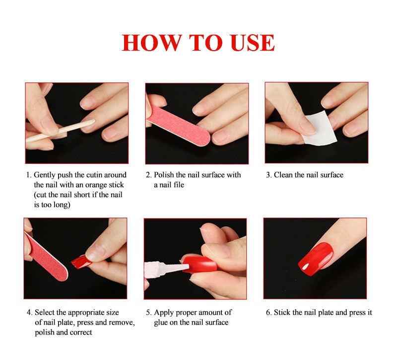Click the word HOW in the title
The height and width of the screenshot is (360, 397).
pyautogui.click(x=152, y=43)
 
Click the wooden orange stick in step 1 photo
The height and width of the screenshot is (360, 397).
pyautogui.click(x=60, y=131)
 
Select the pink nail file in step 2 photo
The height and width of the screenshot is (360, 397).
pyautogui.click(x=179, y=126)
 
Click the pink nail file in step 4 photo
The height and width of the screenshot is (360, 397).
pyautogui.click(x=46, y=256)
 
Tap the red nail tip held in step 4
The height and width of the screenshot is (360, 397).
pyautogui.click(x=81, y=262)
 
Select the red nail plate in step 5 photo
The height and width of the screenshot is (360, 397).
pyautogui.click(x=199, y=264)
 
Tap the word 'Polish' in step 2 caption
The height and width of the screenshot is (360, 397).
pyautogui.click(x=164, y=175)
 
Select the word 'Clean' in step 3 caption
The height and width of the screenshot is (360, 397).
pyautogui.click(x=283, y=175)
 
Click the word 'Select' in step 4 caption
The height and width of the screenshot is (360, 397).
pyautogui.click(x=45, y=312)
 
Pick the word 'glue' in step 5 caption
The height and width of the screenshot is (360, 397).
pyautogui.click(x=161, y=322)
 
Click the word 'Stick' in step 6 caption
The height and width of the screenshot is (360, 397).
pyautogui.click(x=282, y=312)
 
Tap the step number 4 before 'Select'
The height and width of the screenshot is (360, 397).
pyautogui.click(x=29, y=312)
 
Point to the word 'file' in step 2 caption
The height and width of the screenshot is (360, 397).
pyautogui.click(x=179, y=185)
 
